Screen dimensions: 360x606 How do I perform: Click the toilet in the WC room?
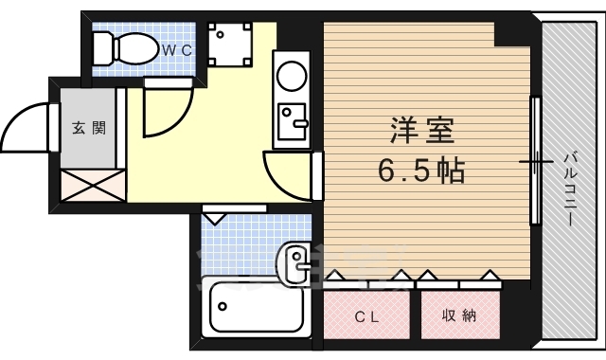click(x=126, y=45)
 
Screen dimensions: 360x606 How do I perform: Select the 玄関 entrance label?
click(x=89, y=128)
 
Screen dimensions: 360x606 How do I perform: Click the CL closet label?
click(x=367, y=316)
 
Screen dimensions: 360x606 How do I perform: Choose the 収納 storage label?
click(x=457, y=316)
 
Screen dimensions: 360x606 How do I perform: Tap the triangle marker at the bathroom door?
click(x=213, y=219)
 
